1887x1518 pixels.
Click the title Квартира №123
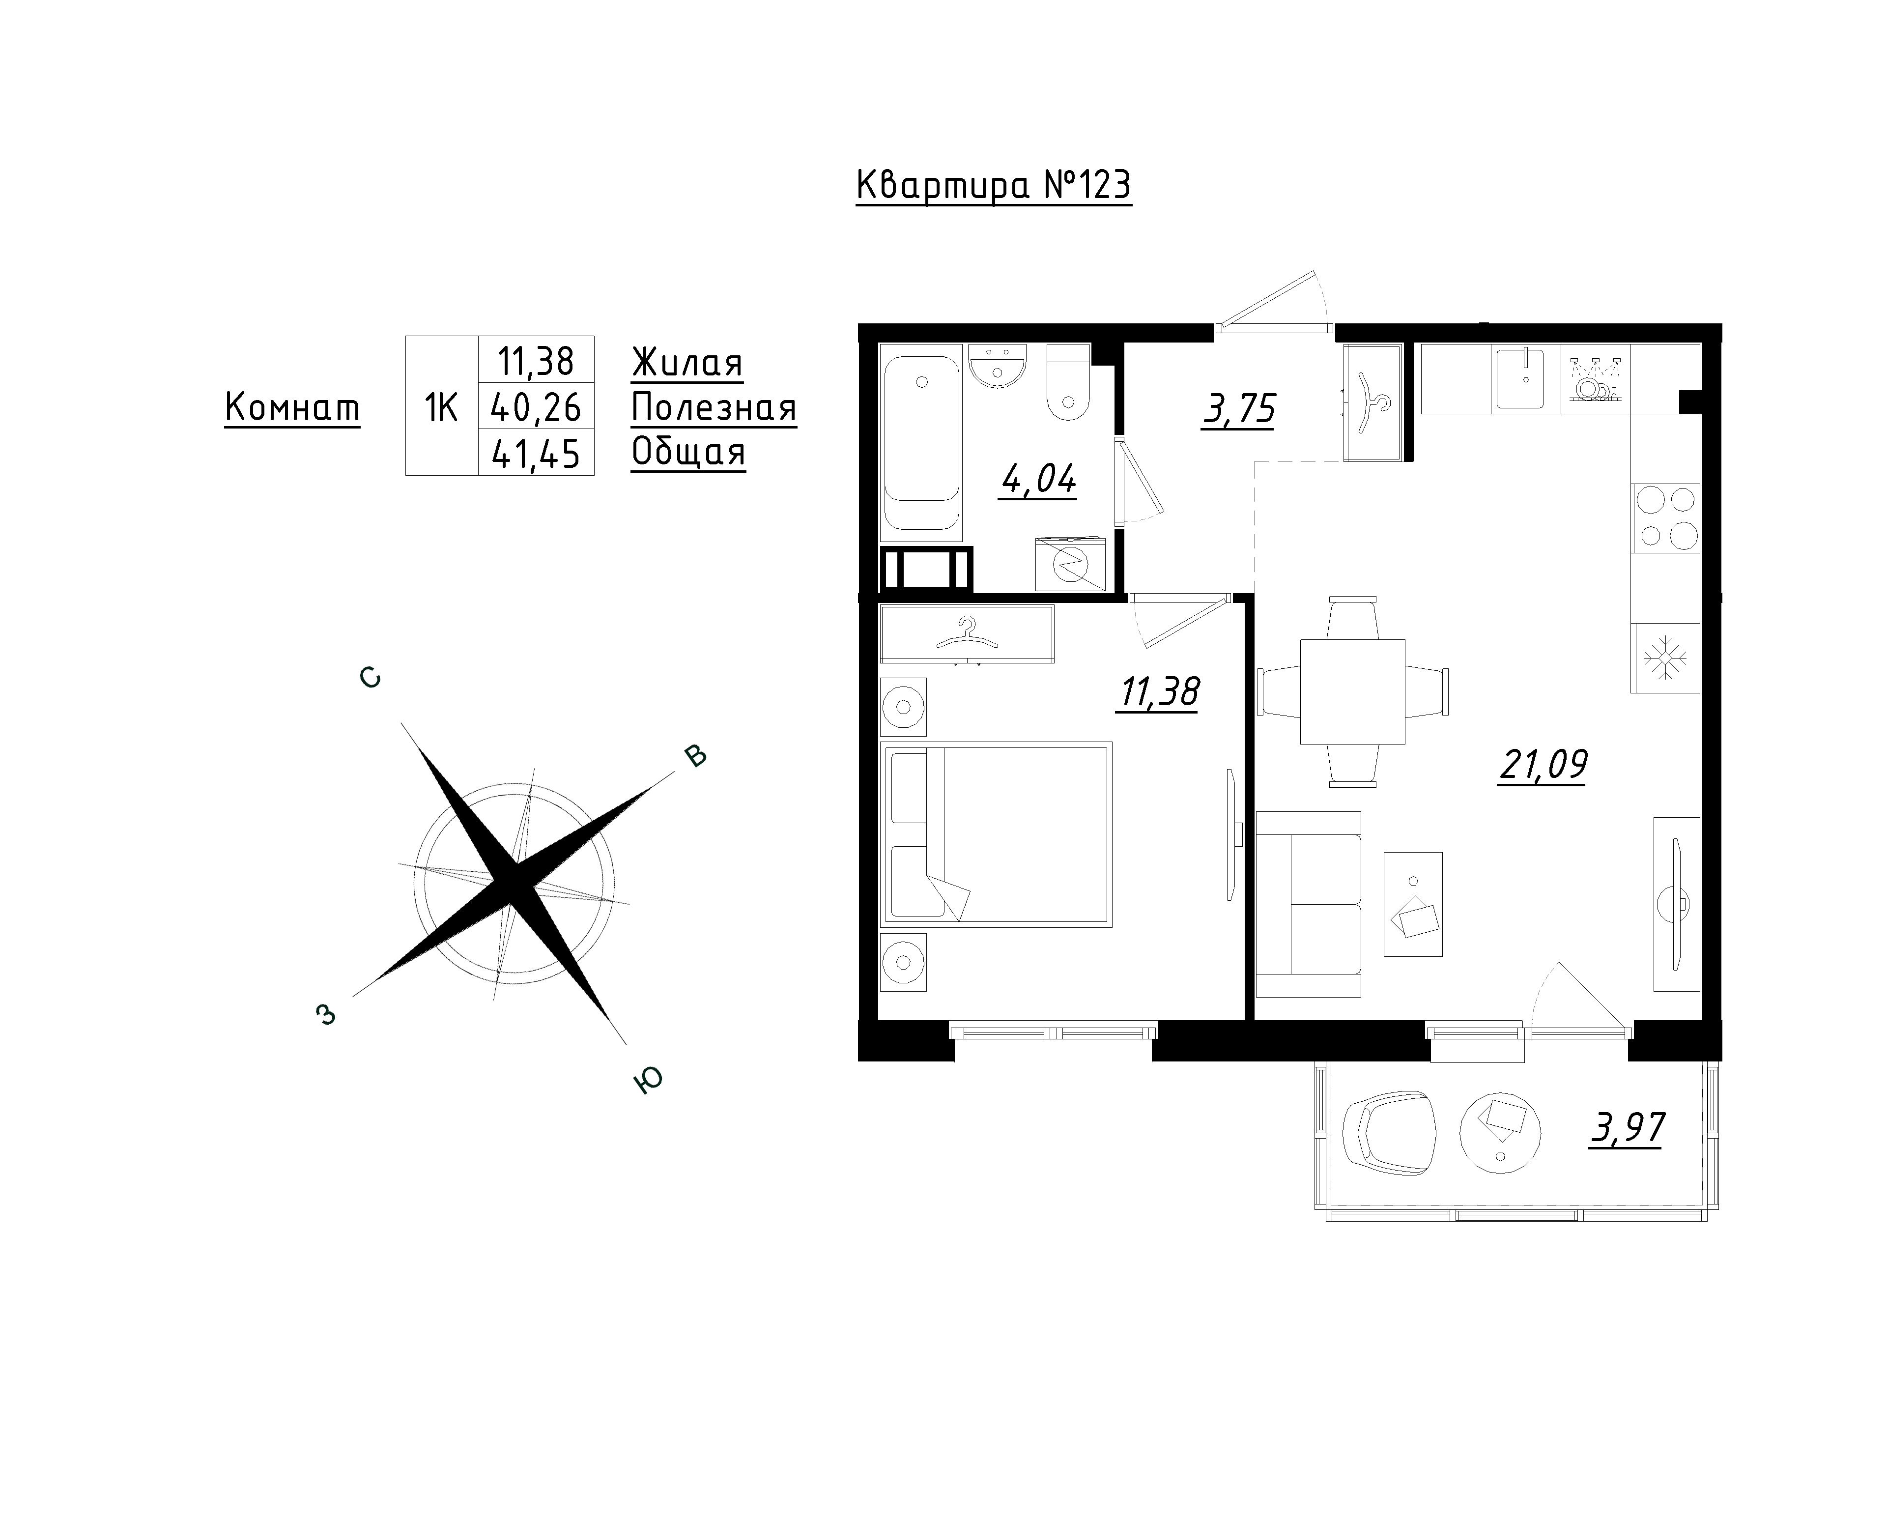[x=994, y=186]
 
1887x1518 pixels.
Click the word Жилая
[x=687, y=363]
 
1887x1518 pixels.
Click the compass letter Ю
[x=648, y=1081]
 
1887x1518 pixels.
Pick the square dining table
[x=1352, y=691]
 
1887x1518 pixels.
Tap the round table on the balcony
[x=1500, y=1132]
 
